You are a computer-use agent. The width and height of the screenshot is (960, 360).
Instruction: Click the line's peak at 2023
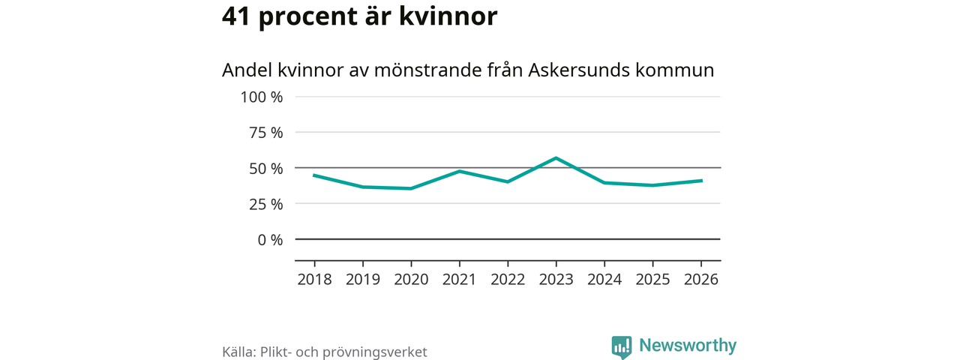(556, 157)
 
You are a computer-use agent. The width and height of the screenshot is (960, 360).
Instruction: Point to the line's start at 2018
(314, 175)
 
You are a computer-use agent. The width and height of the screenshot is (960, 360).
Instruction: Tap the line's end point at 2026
(700, 181)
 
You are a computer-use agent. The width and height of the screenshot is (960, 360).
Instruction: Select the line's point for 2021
(459, 171)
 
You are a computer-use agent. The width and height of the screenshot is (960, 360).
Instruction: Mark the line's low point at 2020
(411, 188)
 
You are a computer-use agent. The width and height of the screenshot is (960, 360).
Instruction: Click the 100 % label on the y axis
(262, 97)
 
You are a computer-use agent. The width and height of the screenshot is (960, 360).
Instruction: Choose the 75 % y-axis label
(266, 133)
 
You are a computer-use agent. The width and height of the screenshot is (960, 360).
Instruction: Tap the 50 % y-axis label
(266, 168)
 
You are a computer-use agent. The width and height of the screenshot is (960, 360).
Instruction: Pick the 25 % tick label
(266, 204)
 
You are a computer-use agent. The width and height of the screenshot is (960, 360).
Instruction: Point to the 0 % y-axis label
(271, 240)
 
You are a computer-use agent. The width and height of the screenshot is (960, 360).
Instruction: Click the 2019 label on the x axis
(363, 280)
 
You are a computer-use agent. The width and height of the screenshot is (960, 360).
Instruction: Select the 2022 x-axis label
(508, 280)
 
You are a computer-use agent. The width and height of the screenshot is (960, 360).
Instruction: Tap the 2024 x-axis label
(604, 280)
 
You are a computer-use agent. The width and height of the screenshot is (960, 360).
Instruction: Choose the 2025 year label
(652, 280)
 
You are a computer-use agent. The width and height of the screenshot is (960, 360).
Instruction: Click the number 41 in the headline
(237, 16)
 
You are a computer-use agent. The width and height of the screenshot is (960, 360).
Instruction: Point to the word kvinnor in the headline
(455, 16)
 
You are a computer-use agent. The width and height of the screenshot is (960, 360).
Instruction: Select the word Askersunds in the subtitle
(577, 70)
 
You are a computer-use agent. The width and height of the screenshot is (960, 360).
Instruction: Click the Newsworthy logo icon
(622, 346)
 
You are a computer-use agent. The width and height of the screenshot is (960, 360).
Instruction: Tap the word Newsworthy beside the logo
(688, 346)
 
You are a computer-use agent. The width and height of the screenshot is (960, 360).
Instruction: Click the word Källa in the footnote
(238, 352)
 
